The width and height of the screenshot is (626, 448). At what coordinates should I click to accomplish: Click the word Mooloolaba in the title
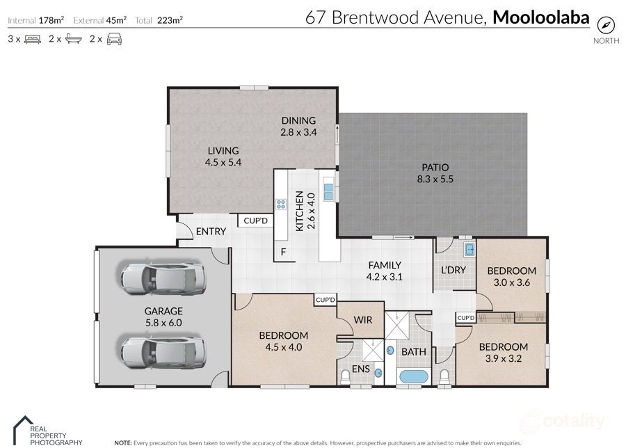[x=540, y=17]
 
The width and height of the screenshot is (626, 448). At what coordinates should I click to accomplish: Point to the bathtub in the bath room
[x=413, y=377]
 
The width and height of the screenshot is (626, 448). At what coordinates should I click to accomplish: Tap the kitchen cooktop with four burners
[x=282, y=205]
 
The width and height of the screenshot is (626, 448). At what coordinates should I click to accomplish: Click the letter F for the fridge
[x=283, y=252]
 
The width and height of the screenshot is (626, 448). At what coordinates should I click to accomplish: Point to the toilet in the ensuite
[x=346, y=378]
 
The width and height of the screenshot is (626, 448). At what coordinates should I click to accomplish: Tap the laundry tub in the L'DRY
[x=469, y=248]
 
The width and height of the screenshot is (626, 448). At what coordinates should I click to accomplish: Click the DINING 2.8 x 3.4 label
[x=298, y=126]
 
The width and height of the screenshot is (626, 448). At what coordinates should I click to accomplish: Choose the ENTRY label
[x=210, y=232]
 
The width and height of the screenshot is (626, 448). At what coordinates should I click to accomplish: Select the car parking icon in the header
[x=115, y=39]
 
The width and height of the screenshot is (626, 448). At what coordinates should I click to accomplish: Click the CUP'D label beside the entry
[x=255, y=221]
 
